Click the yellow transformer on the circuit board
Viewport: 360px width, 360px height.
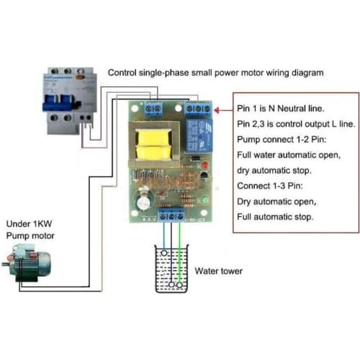click(154, 145)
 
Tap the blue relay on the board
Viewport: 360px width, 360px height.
click(199, 135)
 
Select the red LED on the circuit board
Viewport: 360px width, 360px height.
click(204, 165)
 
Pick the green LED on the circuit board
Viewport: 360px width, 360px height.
click(205, 200)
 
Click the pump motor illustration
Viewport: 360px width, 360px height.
click(27, 263)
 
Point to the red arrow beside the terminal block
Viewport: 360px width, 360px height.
click(223, 110)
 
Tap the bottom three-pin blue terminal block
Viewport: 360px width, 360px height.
click(171, 215)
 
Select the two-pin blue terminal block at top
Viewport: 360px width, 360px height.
click(153, 109)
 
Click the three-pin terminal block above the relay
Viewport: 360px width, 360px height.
click(198, 109)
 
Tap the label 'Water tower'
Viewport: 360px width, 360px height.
click(218, 271)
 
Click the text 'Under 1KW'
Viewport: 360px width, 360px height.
click(29, 224)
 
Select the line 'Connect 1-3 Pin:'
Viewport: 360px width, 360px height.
click(270, 186)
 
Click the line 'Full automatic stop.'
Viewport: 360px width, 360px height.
click(275, 217)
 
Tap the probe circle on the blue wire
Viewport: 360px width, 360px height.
click(164, 253)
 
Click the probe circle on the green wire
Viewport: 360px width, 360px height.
click(179, 285)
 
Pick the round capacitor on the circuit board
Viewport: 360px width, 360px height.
click(143, 202)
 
